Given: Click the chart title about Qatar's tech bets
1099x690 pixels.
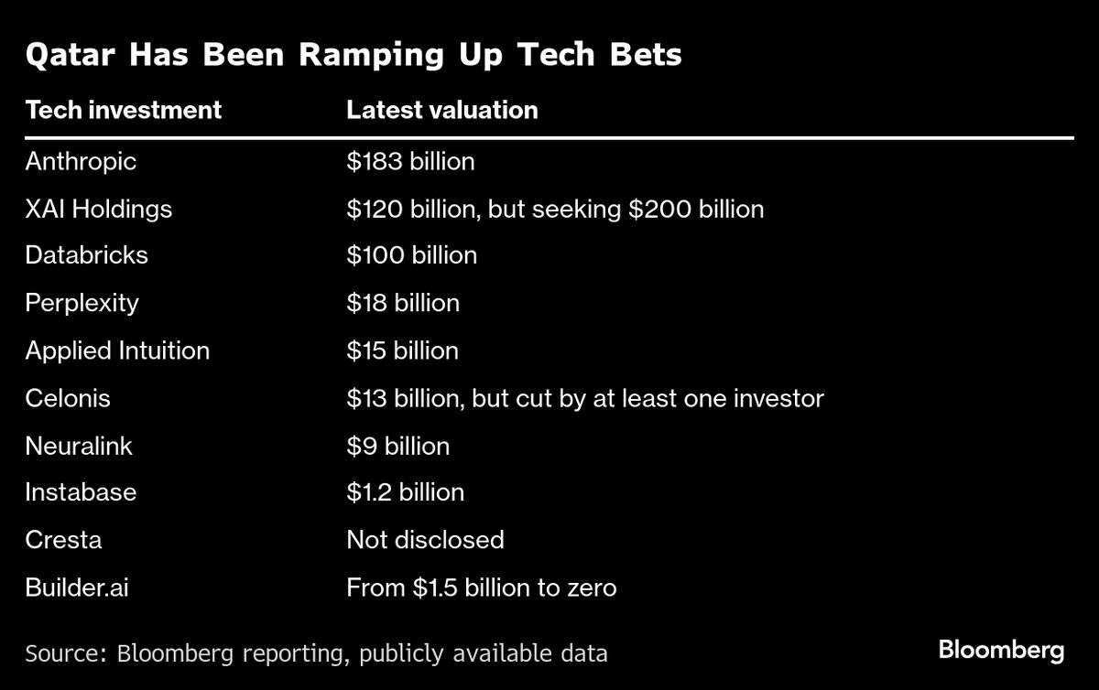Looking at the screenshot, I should [x=354, y=55].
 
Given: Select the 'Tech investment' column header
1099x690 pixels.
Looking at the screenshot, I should [x=124, y=111].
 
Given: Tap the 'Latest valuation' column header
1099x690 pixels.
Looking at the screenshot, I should [x=441, y=111].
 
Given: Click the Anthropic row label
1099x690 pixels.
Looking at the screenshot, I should [x=81, y=162].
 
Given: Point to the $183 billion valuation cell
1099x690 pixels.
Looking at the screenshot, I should [x=410, y=162].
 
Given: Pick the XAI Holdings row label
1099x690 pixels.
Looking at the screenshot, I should [x=99, y=210].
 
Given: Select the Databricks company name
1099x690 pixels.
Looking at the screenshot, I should [x=87, y=254].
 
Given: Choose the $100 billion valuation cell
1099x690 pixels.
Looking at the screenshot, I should [x=411, y=254].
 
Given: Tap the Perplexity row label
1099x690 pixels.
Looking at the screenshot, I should [x=82, y=303].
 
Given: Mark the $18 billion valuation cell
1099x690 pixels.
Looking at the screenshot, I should [x=403, y=303].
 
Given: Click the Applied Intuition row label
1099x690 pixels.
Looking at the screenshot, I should [x=117, y=350].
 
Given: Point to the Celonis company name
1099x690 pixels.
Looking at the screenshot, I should [x=68, y=398].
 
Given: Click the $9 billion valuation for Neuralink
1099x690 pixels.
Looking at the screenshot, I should [x=397, y=447].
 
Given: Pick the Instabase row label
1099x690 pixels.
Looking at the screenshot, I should [x=81, y=492].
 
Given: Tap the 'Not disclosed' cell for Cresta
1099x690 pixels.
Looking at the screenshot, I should [x=425, y=540].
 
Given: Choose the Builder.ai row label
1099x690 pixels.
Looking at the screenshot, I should [x=77, y=588].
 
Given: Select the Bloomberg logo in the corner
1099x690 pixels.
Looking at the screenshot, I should [x=1001, y=651].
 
